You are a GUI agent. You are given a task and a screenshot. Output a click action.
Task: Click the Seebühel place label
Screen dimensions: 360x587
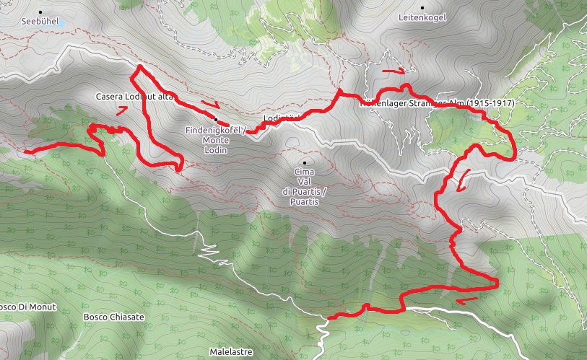click(x=40, y=22)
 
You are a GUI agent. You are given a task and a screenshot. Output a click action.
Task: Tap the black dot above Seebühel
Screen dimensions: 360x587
click(x=40, y=12)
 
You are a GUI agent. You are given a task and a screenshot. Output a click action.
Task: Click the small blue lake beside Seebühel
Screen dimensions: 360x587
click(x=62, y=22)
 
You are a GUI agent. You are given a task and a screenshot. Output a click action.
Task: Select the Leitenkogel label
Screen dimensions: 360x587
click(x=422, y=17)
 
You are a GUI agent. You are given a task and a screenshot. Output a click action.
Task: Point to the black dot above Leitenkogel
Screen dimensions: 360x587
click(x=422, y=6)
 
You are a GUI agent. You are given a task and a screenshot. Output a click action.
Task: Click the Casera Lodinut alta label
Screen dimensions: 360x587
click(x=134, y=96)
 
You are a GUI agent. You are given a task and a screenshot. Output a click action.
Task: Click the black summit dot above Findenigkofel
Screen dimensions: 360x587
click(x=215, y=119)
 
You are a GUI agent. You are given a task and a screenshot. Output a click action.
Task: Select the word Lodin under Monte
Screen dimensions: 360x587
click(x=215, y=150)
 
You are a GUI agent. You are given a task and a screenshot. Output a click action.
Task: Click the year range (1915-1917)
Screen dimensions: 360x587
click(x=490, y=103)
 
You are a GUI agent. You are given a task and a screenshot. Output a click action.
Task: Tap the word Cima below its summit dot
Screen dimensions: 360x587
click(x=305, y=172)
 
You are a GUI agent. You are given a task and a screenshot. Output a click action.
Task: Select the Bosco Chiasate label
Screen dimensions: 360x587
click(x=114, y=317)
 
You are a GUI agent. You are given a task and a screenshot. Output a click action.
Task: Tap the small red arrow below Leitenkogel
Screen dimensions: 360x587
click(x=394, y=71)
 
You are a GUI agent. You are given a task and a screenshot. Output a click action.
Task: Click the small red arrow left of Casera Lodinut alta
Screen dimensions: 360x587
click(x=122, y=110)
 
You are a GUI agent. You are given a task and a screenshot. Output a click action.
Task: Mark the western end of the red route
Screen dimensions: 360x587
click(x=25, y=152)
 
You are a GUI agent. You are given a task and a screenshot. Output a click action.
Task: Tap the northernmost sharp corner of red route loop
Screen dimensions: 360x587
click(x=138, y=67)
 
